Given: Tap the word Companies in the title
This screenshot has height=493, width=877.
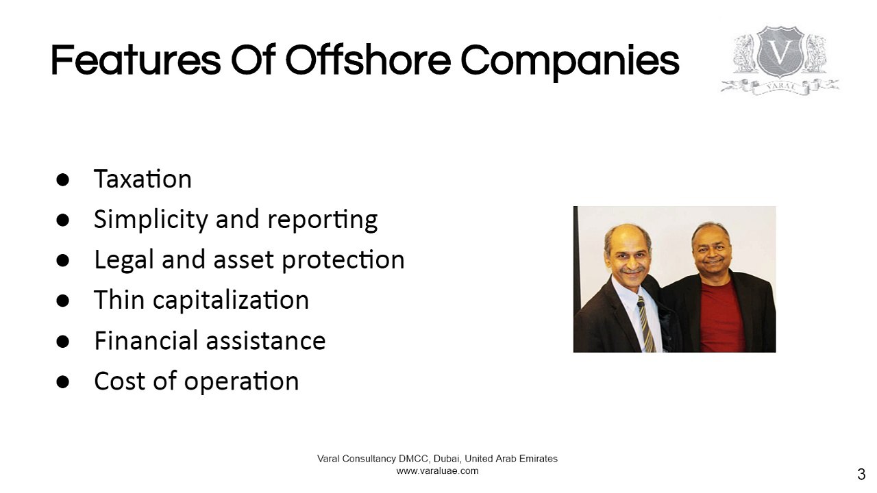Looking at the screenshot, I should tap(569, 62).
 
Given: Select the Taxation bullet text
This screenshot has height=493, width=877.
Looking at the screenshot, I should tap(143, 179).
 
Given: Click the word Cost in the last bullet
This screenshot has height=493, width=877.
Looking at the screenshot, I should tap(118, 381).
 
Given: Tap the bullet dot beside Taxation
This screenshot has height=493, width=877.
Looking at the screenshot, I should tap(63, 179).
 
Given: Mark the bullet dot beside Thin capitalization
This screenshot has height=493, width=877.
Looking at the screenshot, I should tap(63, 301).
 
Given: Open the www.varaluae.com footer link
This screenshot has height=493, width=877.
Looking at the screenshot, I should tap(437, 471).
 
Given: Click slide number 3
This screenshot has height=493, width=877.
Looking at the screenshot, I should tap(861, 474).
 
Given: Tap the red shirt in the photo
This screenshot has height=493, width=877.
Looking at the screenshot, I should tap(721, 318).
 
